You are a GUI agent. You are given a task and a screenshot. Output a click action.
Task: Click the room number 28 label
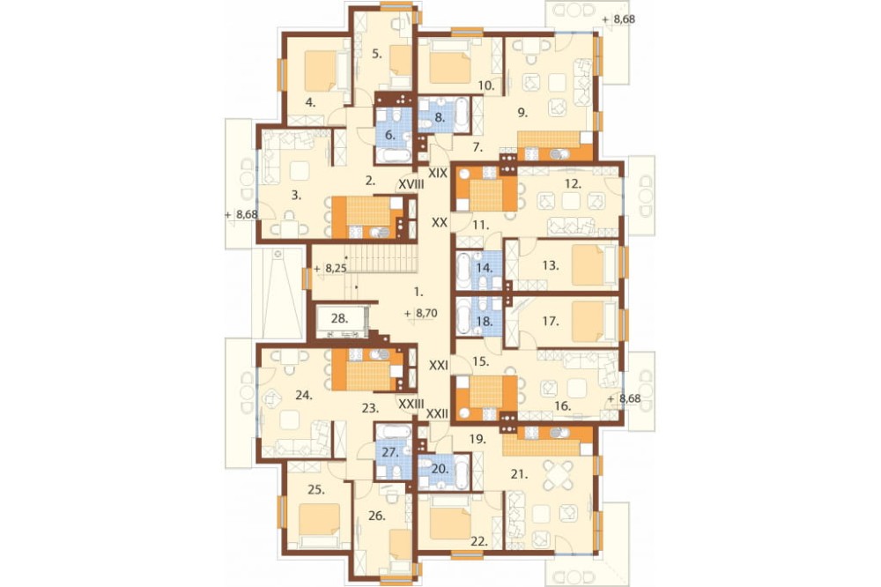click(339, 318)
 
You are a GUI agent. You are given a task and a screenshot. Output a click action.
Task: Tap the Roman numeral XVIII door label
click(411, 184)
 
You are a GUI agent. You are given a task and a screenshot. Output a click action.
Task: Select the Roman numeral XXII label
click(437, 414)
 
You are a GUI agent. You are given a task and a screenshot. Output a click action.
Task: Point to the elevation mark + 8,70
click(420, 314)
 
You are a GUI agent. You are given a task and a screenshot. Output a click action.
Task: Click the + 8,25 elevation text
click(330, 269)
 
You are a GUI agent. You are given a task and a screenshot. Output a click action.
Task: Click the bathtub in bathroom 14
click(464, 271)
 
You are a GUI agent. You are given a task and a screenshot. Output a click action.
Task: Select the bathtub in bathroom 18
click(464, 317)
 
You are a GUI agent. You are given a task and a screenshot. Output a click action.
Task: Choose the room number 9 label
click(522, 113)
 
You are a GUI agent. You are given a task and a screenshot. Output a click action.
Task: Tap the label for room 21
click(520, 474)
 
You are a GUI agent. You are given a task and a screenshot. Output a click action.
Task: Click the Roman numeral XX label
click(440, 223)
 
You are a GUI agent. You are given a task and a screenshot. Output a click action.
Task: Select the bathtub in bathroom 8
click(462, 115)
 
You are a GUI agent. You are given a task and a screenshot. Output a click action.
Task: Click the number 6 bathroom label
click(389, 135)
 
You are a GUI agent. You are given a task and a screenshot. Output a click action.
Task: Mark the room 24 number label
click(303, 395)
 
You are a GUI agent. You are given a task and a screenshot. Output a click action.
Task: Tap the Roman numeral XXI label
click(438, 366)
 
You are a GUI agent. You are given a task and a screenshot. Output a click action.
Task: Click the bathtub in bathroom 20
click(462, 472)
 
